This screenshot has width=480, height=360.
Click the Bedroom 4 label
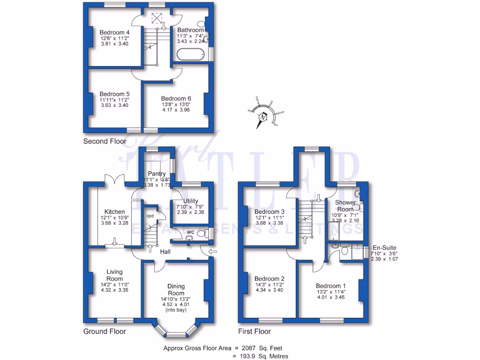coord(114,32)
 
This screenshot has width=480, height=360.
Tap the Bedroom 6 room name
coord(176,98)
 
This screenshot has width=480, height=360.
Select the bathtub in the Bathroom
coord(191,55)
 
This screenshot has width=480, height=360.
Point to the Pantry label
coord(157,174)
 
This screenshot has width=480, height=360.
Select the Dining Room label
coord(176,290)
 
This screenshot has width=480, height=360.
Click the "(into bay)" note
coord(176,310)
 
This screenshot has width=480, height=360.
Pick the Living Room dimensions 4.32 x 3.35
coord(114,290)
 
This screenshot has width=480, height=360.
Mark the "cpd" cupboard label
coord(150,216)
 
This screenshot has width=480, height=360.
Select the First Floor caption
coord(254,331)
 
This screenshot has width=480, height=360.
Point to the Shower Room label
coord(345,206)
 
